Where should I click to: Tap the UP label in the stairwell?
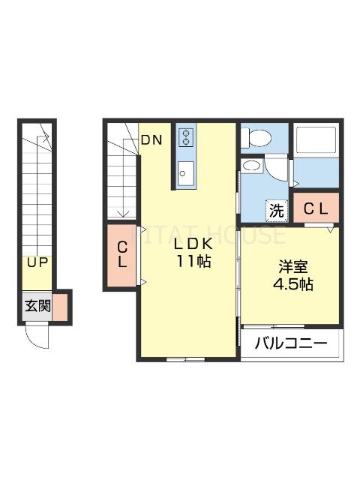point(36,263)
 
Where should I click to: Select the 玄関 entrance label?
point(37,306)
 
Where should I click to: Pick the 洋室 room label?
point(292,267)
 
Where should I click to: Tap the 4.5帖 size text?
point(292,285)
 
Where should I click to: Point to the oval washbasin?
point(253,166)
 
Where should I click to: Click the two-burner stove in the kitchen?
point(186,137)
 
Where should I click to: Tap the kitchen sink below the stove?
point(186,172)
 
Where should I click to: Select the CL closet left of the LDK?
point(122,255)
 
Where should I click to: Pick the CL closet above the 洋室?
point(315,209)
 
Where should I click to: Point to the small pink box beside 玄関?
point(60,306)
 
